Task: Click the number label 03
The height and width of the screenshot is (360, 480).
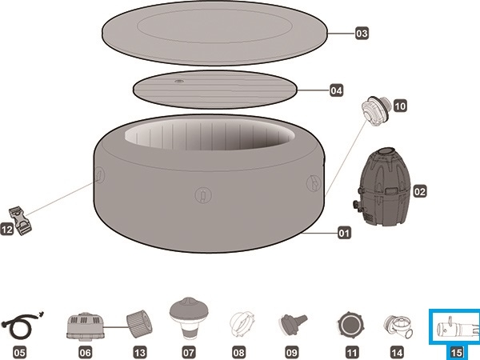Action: (362, 34)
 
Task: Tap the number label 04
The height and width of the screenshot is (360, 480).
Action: (337, 90)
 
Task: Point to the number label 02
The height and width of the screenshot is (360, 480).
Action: (419, 191)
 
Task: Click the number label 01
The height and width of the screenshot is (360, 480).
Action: (344, 234)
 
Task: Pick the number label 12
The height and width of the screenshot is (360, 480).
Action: (6, 230)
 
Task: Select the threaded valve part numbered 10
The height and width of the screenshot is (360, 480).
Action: (374, 107)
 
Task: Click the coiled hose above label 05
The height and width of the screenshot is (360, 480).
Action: (19, 326)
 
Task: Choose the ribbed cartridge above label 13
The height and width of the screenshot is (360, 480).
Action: (138, 325)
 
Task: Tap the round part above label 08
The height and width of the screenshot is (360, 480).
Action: (239, 325)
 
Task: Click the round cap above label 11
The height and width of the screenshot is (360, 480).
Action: (350, 325)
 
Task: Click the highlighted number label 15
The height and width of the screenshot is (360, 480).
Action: (455, 350)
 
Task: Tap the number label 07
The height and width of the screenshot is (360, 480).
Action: (189, 350)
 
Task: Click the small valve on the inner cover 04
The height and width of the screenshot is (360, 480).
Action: (179, 81)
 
